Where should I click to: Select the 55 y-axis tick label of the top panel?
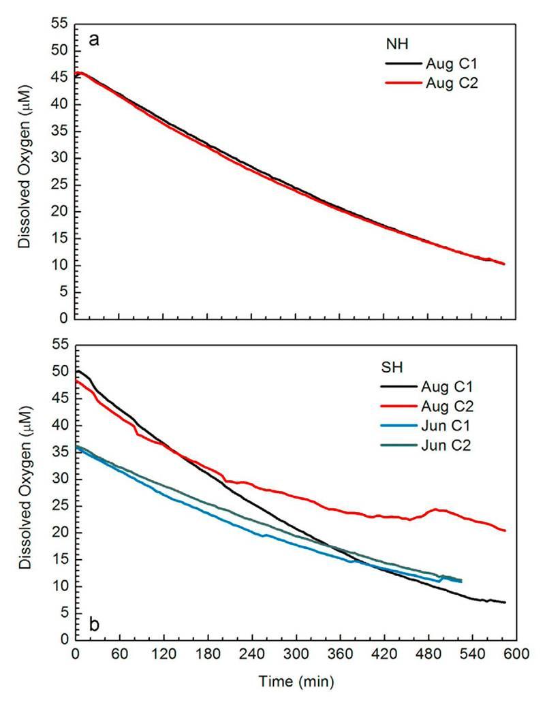point(60,24)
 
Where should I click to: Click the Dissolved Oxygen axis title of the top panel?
point(25,170)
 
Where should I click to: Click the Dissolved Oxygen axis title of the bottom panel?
point(25,493)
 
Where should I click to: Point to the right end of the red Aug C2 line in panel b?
point(505,531)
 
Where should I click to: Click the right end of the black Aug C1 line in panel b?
point(505,603)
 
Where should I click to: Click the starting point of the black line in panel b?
point(77,371)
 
